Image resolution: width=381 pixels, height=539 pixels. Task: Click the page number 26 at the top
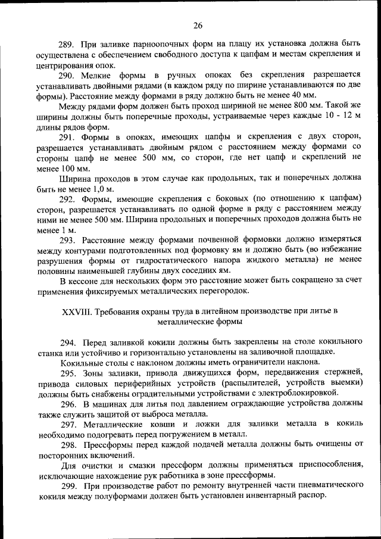pos(198,25)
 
